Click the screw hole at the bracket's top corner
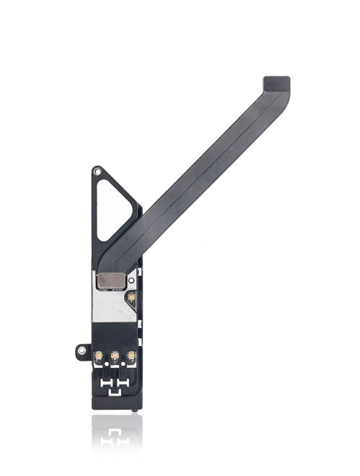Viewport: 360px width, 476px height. [x=97, y=173]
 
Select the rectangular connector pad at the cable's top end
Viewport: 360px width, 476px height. [x=276, y=83]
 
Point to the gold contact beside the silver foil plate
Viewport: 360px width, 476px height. [x=131, y=296]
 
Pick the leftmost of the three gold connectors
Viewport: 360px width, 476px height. [x=97, y=356]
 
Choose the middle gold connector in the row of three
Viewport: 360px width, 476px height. [x=114, y=356]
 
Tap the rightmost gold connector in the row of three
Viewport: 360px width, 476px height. [x=131, y=356]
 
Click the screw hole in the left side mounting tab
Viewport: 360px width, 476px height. [x=80, y=352]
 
